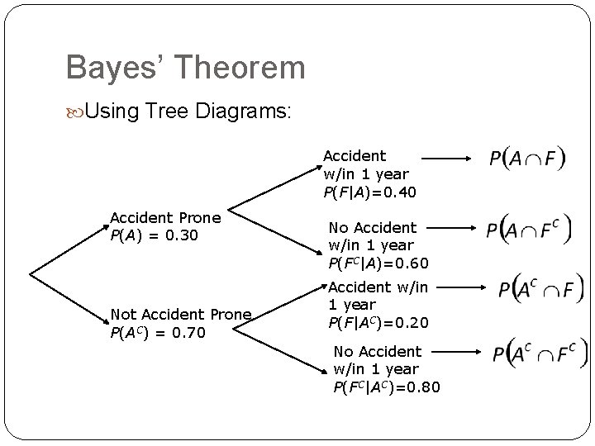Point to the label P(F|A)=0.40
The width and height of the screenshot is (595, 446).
[369, 192]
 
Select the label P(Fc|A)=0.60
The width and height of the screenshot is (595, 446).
[378, 263]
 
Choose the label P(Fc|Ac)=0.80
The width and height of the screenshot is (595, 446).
[387, 387]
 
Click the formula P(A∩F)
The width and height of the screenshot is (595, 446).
[526, 159]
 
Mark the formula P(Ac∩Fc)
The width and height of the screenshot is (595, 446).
[540, 353]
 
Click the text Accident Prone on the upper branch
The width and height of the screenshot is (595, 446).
[165, 218]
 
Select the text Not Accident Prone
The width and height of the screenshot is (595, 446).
[181, 314]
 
